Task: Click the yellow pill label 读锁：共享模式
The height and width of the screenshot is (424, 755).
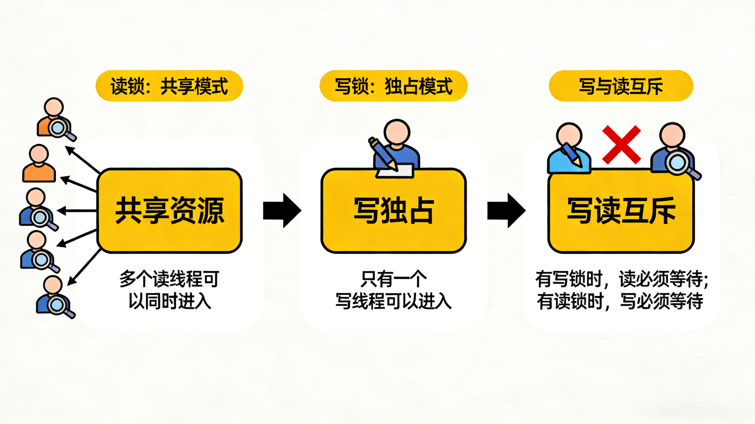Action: click(169, 86)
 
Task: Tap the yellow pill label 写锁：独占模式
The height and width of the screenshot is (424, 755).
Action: click(393, 86)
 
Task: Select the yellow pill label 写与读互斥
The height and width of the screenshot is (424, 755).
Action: click(621, 86)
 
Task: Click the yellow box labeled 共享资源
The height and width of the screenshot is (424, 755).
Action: click(169, 211)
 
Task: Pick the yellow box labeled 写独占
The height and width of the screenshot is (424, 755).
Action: click(393, 211)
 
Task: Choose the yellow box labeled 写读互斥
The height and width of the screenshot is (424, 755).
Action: click(621, 211)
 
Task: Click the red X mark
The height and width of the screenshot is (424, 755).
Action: click(621, 145)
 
